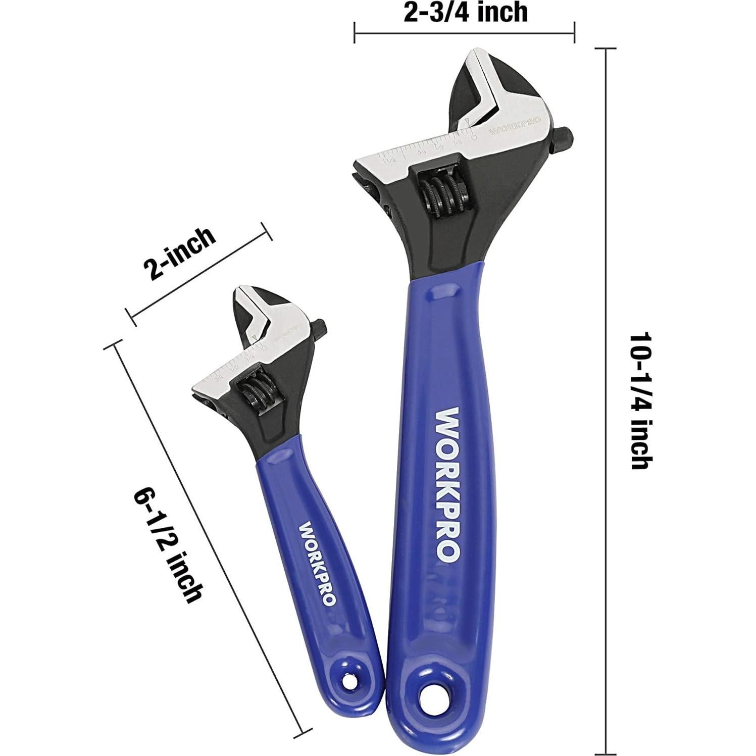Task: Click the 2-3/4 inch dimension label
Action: tap(465, 12)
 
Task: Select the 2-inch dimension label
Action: tap(179, 254)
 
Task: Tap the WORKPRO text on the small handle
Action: tap(317, 563)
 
